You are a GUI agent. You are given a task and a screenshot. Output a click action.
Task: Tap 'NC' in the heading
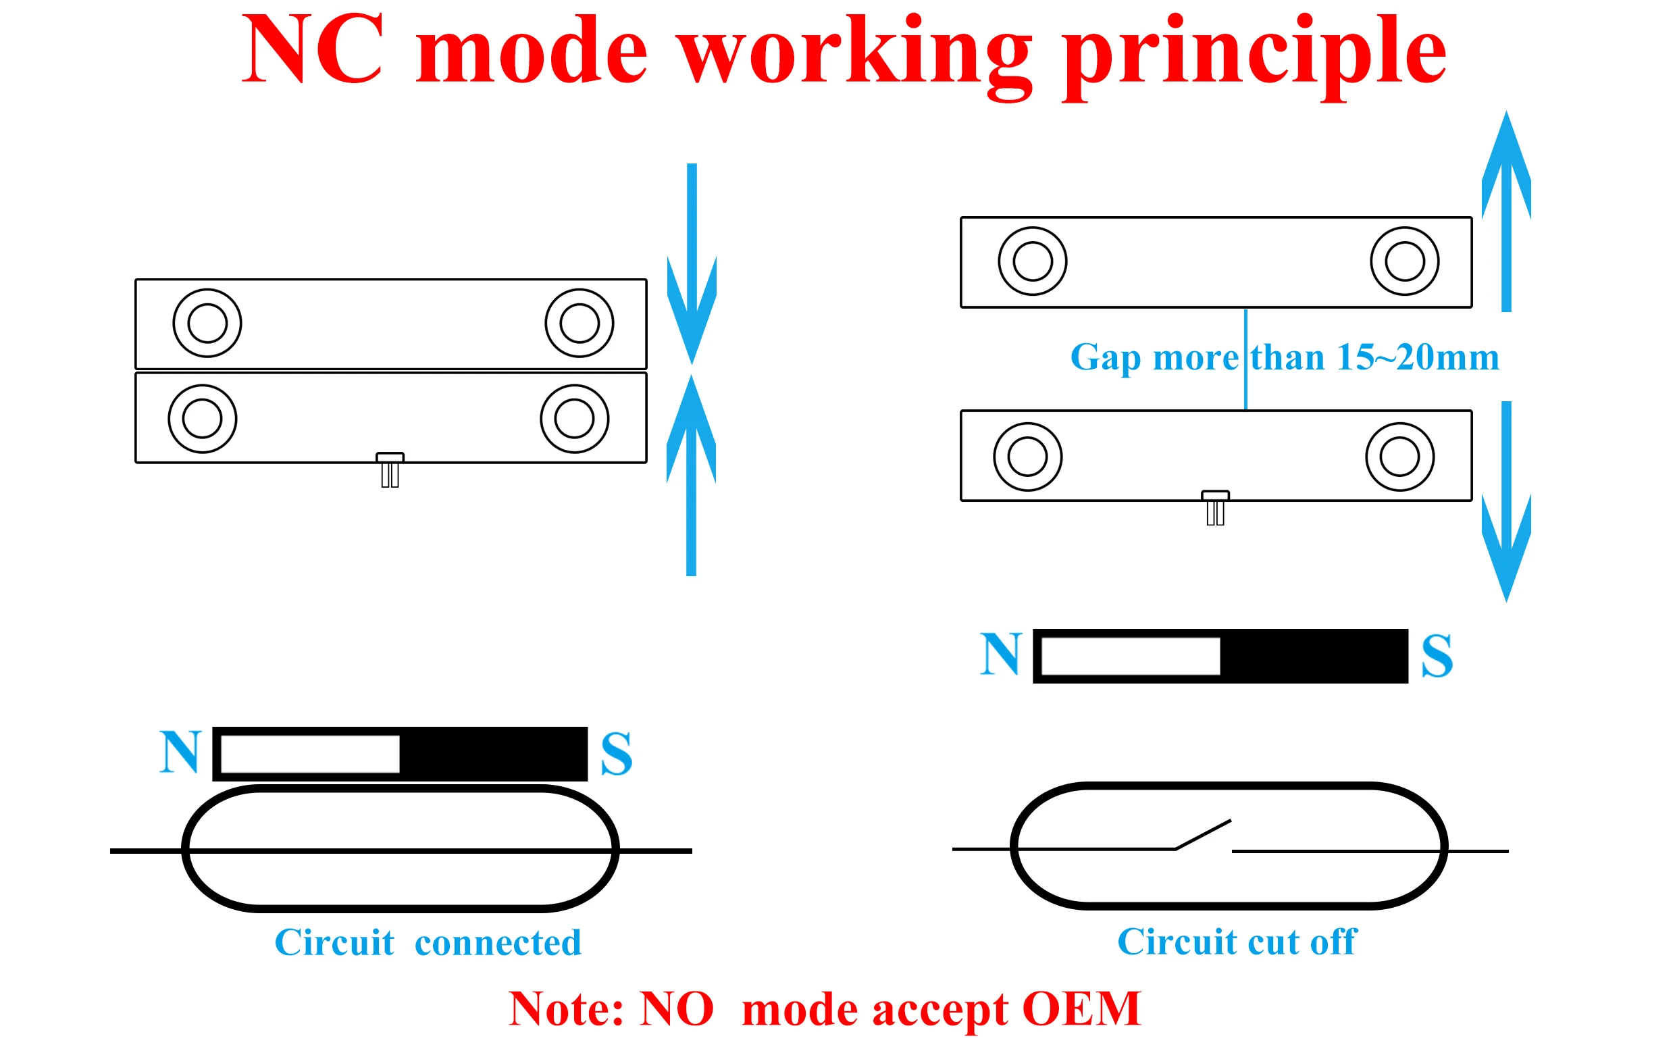tap(312, 50)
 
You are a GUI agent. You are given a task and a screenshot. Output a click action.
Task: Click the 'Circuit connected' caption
tap(428, 943)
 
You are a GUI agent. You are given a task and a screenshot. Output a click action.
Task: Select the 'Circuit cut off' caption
tap(1236, 942)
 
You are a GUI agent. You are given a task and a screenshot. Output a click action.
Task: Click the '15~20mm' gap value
tap(1417, 358)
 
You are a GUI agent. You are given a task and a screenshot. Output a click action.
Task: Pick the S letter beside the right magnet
tap(1437, 656)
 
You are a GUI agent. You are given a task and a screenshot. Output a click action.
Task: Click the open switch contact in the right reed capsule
tap(1202, 835)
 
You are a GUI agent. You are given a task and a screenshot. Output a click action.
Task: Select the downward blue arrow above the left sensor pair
tap(692, 278)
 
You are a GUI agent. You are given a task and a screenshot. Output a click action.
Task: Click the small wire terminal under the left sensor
tap(390, 471)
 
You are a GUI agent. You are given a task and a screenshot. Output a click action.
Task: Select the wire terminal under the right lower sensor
tap(1215, 509)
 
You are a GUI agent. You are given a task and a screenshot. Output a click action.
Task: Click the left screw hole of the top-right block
tap(1032, 261)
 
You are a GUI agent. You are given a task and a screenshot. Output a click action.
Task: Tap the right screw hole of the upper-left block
tap(579, 324)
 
